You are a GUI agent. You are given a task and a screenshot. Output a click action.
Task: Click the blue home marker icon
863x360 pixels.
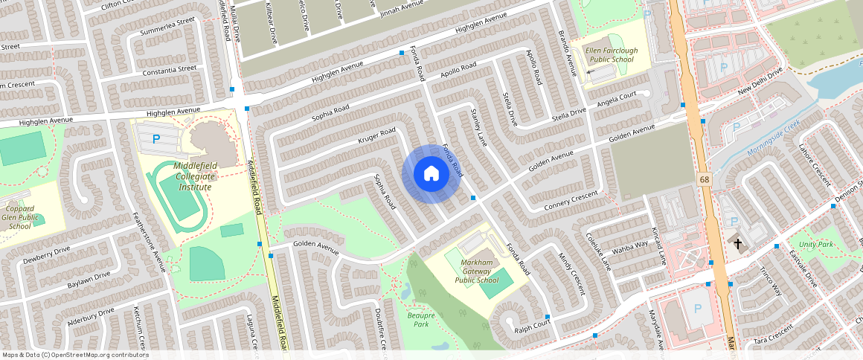[x=431, y=174]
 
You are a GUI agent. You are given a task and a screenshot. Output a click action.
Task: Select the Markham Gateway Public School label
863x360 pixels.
[x=476, y=271]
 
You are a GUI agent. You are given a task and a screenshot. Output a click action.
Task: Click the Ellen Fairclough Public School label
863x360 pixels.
[x=611, y=54]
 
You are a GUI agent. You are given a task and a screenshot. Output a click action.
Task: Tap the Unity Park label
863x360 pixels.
[x=816, y=245]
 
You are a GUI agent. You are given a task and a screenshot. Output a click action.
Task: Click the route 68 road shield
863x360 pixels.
[x=703, y=179]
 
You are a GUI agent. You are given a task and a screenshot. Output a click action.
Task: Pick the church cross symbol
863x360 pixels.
[x=738, y=243]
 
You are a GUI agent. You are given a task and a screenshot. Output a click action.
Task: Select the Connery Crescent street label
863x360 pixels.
[x=571, y=199]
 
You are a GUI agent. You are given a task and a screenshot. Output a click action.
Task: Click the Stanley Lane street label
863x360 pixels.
[x=478, y=126]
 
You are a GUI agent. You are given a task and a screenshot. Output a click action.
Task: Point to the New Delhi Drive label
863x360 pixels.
[x=760, y=82]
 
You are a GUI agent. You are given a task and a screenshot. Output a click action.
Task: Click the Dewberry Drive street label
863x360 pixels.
[x=46, y=254]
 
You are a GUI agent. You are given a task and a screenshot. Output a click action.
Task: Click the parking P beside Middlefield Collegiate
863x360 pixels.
[x=156, y=138]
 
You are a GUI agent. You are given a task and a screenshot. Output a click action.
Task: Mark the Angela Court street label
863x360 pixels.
[x=617, y=98]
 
